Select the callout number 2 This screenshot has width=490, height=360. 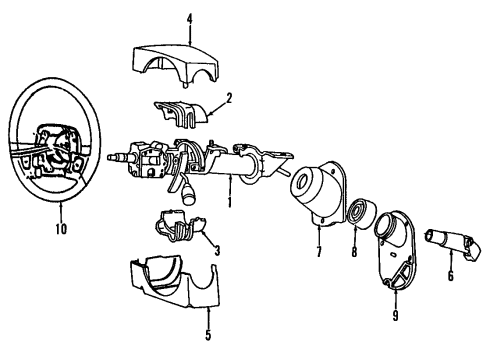[228, 98]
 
